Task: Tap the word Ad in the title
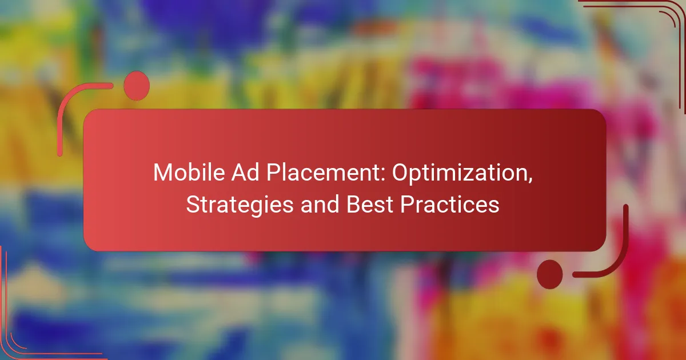click(x=245, y=173)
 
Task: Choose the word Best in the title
click(x=370, y=204)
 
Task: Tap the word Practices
click(x=450, y=204)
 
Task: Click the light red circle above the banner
click(x=137, y=86)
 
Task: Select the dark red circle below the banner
click(x=550, y=274)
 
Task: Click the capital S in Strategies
click(x=193, y=204)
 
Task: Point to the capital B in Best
click(x=353, y=204)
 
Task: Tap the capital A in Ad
click(x=239, y=173)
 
